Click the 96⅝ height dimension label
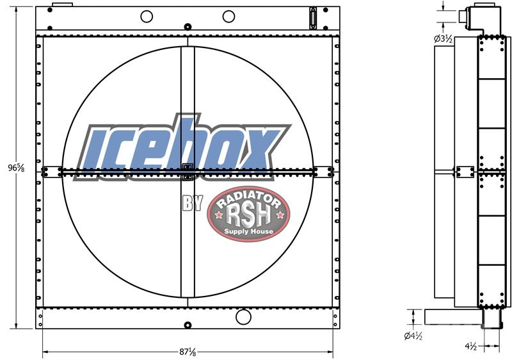tap(17, 168)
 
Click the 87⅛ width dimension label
tap(188, 352)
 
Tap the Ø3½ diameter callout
tap(443, 39)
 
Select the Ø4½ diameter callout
tap(413, 336)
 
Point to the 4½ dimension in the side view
tap(471, 347)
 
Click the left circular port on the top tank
tap(147, 16)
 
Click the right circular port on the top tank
tap(228, 16)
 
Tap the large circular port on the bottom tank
tap(243, 317)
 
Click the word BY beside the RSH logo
tap(193, 203)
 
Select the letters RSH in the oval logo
tap(248, 215)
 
